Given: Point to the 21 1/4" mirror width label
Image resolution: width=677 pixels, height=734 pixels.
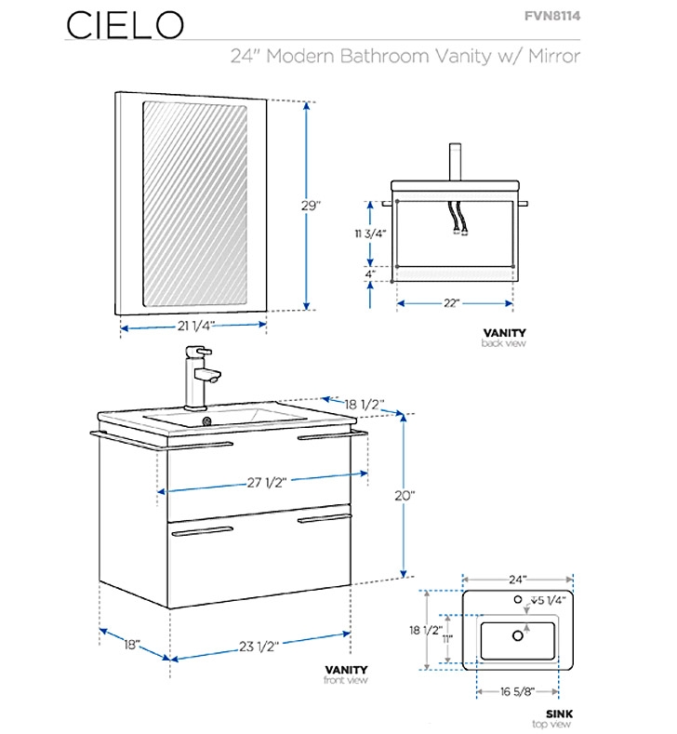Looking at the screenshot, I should (196, 325).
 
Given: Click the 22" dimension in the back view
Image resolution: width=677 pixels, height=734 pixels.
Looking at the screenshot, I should (452, 302).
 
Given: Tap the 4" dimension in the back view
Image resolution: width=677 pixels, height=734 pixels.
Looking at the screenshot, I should (370, 274).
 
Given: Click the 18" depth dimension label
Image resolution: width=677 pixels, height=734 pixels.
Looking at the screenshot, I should (131, 644).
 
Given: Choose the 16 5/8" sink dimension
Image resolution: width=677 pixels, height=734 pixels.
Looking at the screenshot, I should (518, 691).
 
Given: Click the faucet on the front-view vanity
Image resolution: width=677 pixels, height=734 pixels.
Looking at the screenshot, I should (200, 376).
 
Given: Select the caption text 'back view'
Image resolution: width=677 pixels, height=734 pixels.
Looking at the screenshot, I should (504, 343).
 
